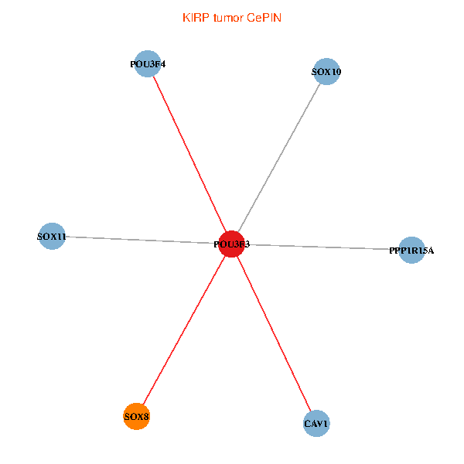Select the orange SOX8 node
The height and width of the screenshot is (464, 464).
[x=137, y=417]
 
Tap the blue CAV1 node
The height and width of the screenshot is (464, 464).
[x=316, y=424]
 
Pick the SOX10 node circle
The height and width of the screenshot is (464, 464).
[x=326, y=72]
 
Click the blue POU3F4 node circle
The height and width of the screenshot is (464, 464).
[x=148, y=64]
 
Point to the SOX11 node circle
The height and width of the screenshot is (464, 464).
[x=52, y=236]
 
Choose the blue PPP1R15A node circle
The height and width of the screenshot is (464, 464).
[x=411, y=250]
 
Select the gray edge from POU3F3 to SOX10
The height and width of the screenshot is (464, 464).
[x=279, y=158]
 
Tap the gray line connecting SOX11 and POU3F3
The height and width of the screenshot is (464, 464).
[x=139, y=240]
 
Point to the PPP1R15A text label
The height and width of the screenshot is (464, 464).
[x=411, y=251]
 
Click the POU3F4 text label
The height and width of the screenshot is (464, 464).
[x=148, y=64]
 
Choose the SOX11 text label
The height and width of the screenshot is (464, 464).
[x=52, y=236]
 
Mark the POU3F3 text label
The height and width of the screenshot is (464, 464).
[x=232, y=244]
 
